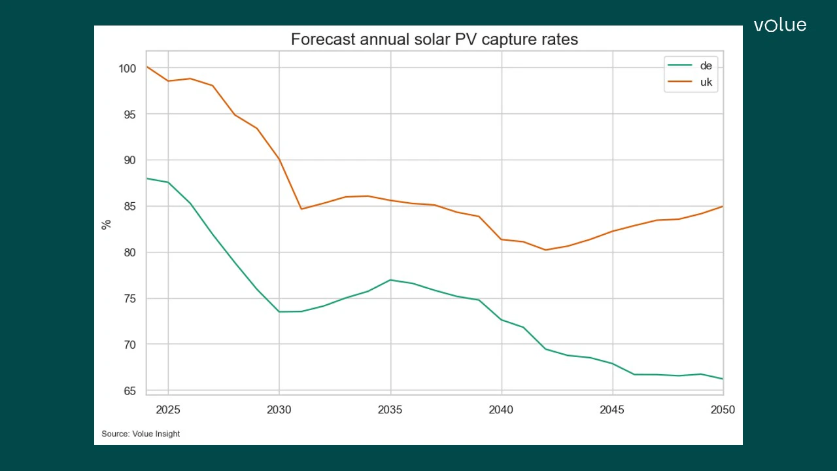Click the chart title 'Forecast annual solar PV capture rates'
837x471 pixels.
pyautogui.click(x=434, y=39)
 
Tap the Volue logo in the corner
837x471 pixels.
pyautogui.click(x=779, y=26)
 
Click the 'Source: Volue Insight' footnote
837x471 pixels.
pyautogui.click(x=141, y=434)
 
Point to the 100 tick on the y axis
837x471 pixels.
pyautogui.click(x=128, y=68)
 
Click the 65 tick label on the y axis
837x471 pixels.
pyautogui.click(x=129, y=391)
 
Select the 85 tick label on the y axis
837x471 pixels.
pyautogui.click(x=129, y=207)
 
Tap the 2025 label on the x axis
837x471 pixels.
pyautogui.click(x=169, y=410)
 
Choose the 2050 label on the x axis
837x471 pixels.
pyautogui.click(x=723, y=410)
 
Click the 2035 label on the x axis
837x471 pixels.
pyautogui.click(x=390, y=410)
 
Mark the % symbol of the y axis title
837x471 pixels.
pyautogui.click(x=107, y=224)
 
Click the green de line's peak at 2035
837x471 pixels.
pyautogui.click(x=390, y=280)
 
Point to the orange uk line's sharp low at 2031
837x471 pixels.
pyautogui.click(x=301, y=209)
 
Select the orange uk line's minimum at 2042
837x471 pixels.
pyautogui.click(x=545, y=250)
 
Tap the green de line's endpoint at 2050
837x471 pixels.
pyautogui.click(x=722, y=379)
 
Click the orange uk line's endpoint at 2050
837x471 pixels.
pyautogui.click(x=722, y=207)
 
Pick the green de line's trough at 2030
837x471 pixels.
pyautogui.click(x=279, y=311)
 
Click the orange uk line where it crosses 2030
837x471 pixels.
pyautogui.click(x=279, y=159)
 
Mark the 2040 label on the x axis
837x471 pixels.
pyautogui.click(x=502, y=410)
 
